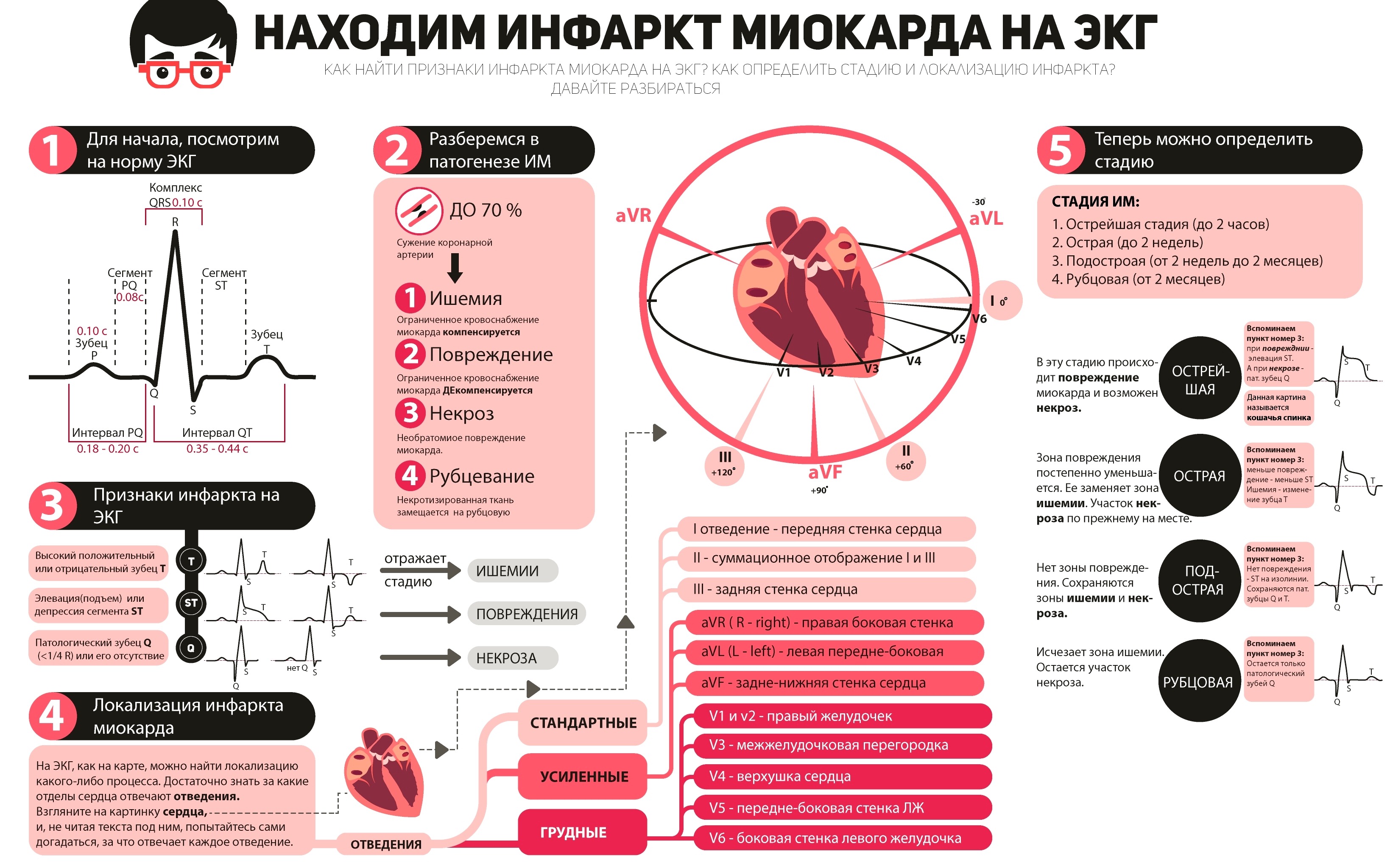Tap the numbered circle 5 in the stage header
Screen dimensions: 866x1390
[1061, 150]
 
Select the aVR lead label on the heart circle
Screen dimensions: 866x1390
[634, 215]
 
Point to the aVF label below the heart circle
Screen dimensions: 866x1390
[825, 472]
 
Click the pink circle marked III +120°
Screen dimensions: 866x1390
[725, 464]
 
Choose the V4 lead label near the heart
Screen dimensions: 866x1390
[913, 361]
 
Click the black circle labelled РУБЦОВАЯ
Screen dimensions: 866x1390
[1198, 682]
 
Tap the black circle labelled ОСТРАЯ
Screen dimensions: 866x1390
[1199, 476]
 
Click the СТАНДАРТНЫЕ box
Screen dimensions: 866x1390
[583, 723]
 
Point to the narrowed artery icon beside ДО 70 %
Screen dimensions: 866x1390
[419, 211]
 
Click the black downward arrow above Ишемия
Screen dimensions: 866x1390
[455, 268]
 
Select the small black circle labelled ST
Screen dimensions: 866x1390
[191, 603]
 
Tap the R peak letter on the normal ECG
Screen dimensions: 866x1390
[175, 222]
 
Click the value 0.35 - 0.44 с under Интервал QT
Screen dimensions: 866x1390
[217, 449]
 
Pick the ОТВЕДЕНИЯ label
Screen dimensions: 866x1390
[386, 844]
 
